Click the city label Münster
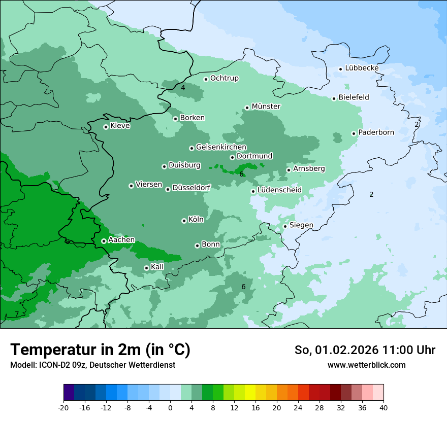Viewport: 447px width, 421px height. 266,107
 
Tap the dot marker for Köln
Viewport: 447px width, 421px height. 184,221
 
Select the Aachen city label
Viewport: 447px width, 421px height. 121,240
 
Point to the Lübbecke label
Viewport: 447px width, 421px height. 362,68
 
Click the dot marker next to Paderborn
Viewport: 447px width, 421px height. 354,133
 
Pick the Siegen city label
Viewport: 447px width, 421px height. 301,225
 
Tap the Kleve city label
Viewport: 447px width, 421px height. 120,126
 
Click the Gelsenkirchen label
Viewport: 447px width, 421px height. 221,147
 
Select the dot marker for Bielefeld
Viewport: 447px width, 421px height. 334,98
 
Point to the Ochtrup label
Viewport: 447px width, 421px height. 224,78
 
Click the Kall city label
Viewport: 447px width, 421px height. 157,267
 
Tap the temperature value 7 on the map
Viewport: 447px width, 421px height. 17,314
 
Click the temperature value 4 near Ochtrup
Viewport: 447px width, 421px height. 183,88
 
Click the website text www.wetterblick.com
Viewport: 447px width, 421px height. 366,365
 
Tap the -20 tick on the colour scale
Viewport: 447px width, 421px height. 63,408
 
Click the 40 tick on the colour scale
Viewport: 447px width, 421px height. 384,408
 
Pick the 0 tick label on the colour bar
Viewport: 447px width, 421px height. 170,408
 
